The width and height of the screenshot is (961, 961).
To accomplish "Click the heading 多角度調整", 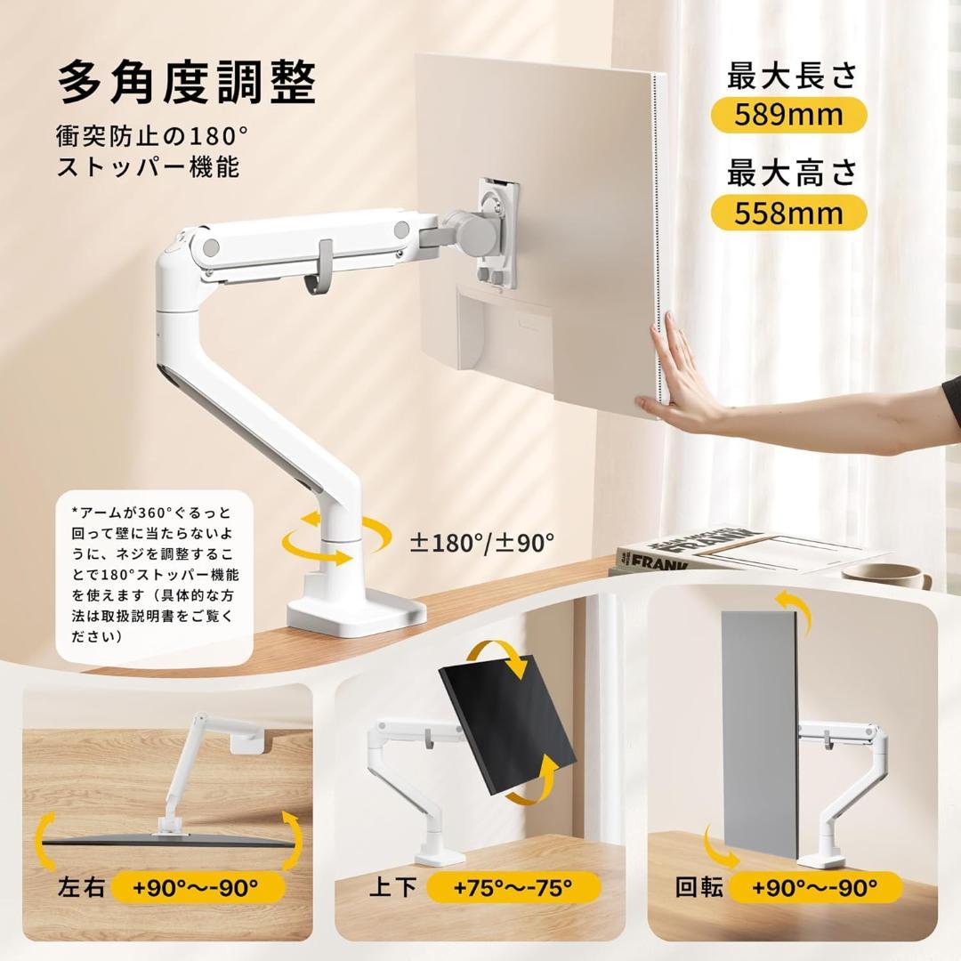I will pos(188,85).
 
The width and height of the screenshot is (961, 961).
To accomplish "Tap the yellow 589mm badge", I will pos(788,115).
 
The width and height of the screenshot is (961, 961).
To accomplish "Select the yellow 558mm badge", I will pos(788,213).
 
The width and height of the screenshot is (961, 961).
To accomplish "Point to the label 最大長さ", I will pos(791,76).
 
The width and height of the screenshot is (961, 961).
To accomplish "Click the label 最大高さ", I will pos(791,174).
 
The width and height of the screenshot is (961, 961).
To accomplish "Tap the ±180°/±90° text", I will pos(481,542).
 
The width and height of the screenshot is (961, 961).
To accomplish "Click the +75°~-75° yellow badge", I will pos(513,886).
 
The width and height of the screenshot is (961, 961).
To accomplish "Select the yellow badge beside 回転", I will pos(815,886).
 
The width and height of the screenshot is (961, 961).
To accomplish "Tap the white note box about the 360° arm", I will pos(154,576).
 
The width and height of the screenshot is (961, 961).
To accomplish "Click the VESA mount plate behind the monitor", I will pos(497,231).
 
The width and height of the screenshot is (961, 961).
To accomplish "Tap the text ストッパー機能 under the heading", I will pos(149,166).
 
